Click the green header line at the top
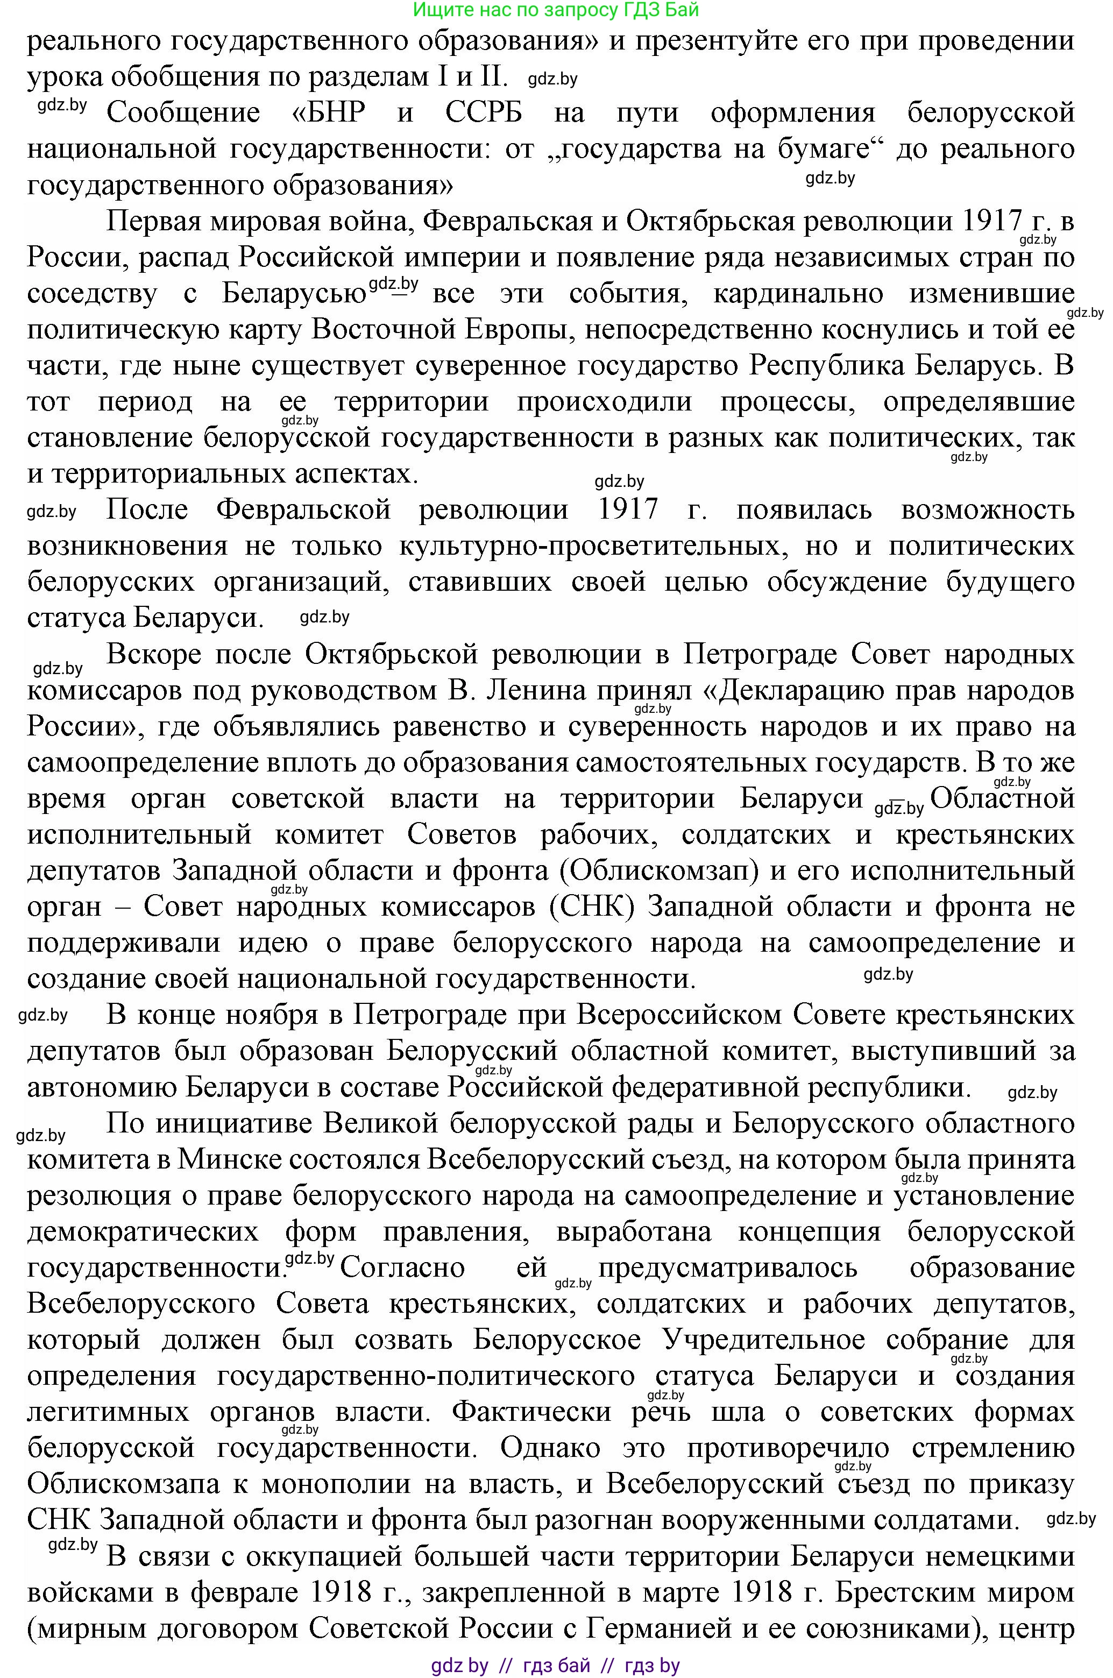coord(556,10)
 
